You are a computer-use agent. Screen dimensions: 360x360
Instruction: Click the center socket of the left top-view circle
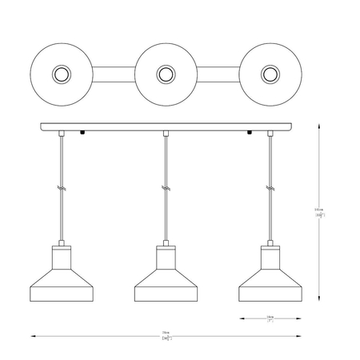[x=61, y=75]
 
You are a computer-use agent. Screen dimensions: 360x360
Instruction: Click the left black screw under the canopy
[x=81, y=133]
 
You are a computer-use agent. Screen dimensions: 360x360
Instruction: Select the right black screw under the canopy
[x=249, y=133]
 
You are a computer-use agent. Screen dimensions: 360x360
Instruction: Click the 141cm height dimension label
[x=318, y=211]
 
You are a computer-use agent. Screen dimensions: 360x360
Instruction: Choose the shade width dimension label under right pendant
[x=270, y=318]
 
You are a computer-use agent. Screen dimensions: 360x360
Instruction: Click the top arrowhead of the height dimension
[x=320, y=125]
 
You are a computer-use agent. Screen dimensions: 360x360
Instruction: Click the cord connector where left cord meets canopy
[x=61, y=136]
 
